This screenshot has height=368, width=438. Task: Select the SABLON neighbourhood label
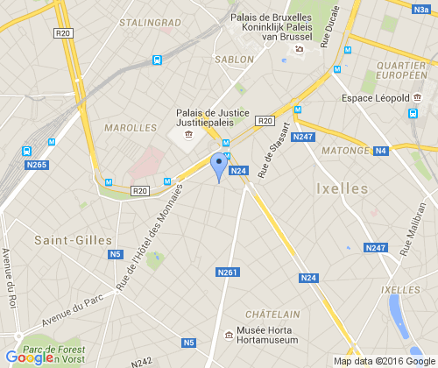pos(234,60)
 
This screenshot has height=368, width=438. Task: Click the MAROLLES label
pos(130,128)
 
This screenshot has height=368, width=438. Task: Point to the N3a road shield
pos(420,9)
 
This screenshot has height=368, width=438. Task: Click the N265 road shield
pos(37,165)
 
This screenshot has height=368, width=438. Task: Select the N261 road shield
pos(227,273)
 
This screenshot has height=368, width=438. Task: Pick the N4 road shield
pos(381,152)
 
